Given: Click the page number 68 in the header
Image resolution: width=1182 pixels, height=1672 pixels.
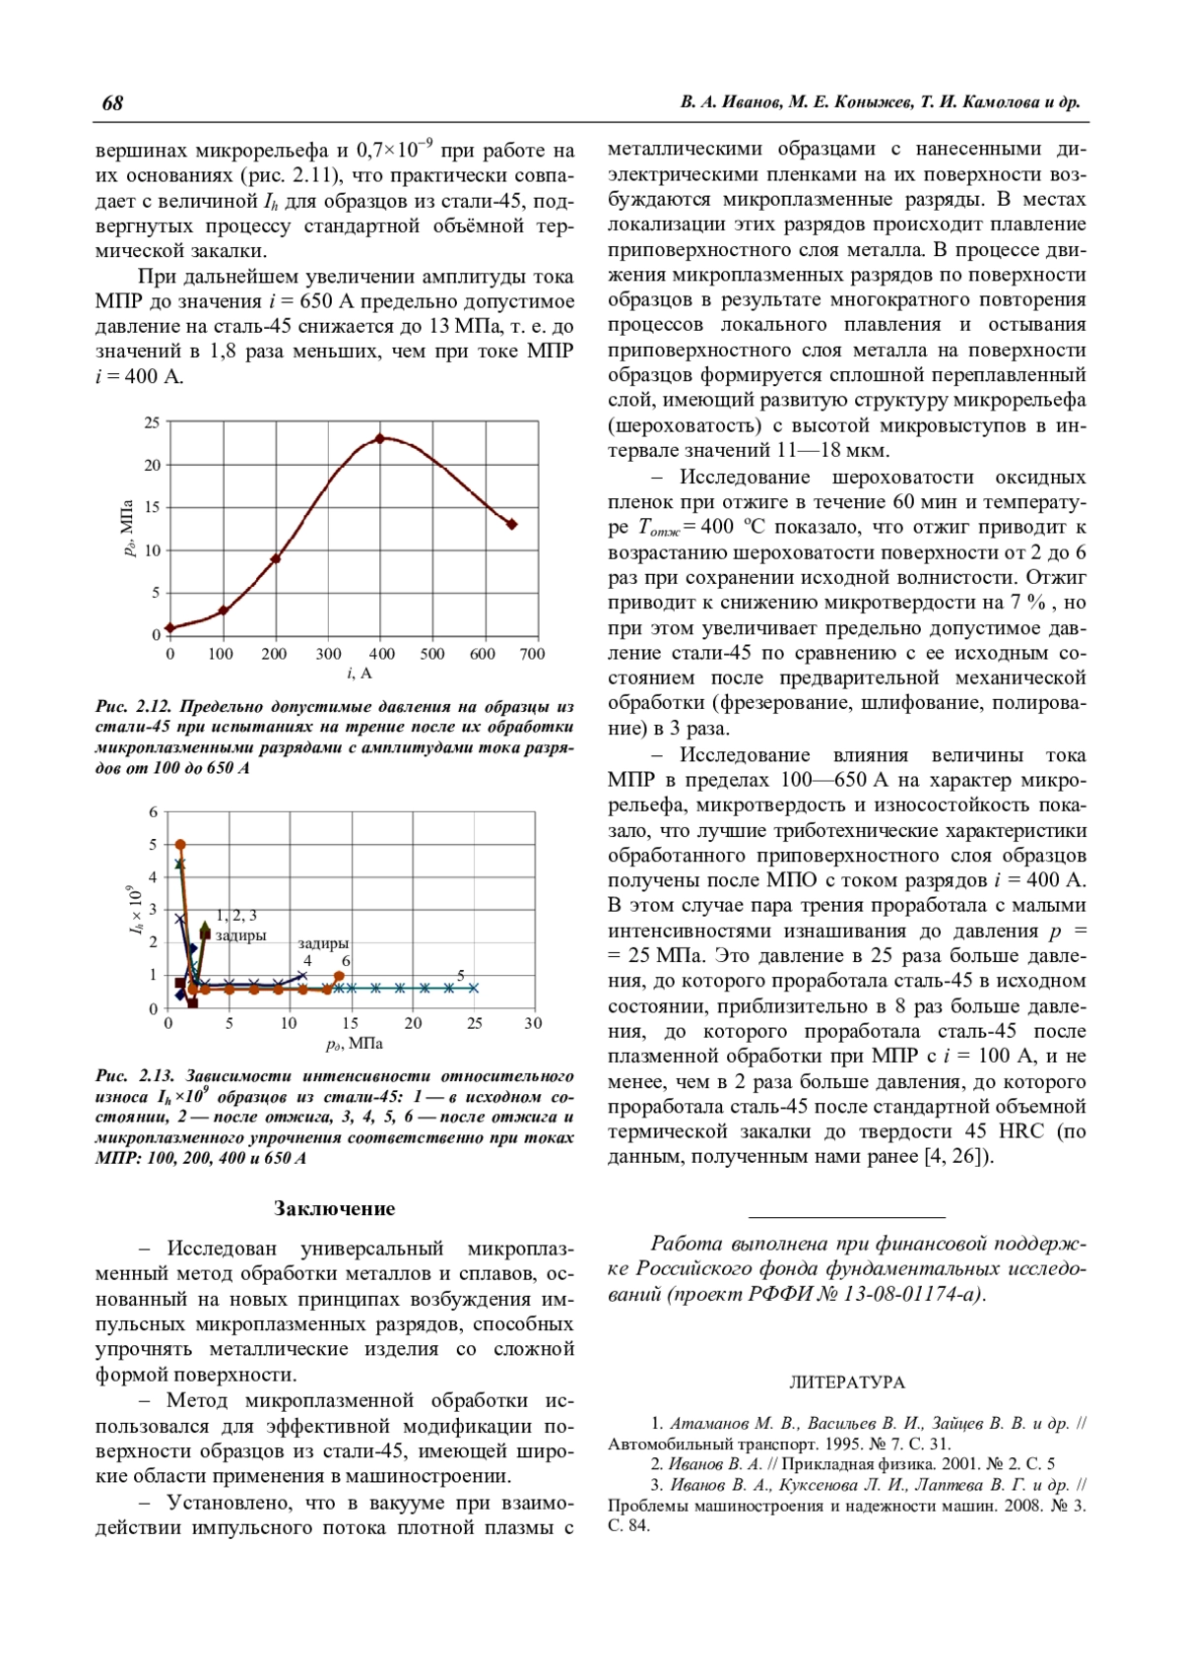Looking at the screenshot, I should click(x=112, y=103).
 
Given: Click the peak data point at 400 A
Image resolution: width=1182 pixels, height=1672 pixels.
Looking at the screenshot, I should click(x=381, y=438).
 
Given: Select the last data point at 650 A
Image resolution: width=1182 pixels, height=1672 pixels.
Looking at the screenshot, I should click(x=511, y=524).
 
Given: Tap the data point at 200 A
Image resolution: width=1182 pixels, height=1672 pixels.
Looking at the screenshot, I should click(x=276, y=558).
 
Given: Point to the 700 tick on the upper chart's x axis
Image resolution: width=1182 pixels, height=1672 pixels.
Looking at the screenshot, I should click(x=532, y=654).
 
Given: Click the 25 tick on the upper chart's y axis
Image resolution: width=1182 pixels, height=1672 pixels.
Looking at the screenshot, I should click(x=152, y=422).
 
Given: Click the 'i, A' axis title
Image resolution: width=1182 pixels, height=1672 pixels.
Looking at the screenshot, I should click(x=360, y=674).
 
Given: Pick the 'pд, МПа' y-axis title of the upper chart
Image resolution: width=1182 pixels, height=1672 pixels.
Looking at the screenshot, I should click(x=128, y=528).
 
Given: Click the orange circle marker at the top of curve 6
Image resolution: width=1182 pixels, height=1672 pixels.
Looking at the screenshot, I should click(x=180, y=845).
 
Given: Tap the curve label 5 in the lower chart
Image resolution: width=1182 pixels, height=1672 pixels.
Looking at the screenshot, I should click(x=461, y=975).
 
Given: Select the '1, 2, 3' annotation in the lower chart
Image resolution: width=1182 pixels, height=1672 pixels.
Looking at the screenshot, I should click(x=236, y=916).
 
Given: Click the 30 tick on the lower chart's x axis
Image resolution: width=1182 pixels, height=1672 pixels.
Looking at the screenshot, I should click(x=533, y=1023).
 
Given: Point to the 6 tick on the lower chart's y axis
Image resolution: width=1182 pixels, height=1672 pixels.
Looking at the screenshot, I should click(x=154, y=812).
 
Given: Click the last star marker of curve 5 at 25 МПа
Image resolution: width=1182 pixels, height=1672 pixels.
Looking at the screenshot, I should click(x=474, y=988).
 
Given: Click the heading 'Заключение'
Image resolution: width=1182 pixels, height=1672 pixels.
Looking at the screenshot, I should click(x=334, y=1209).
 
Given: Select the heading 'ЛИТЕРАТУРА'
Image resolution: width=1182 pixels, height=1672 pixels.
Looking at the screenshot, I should click(x=846, y=1383).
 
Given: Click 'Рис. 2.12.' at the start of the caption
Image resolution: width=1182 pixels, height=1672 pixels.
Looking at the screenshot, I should click(x=134, y=707).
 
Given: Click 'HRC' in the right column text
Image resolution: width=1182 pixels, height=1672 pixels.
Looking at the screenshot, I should click(x=1024, y=1131).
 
